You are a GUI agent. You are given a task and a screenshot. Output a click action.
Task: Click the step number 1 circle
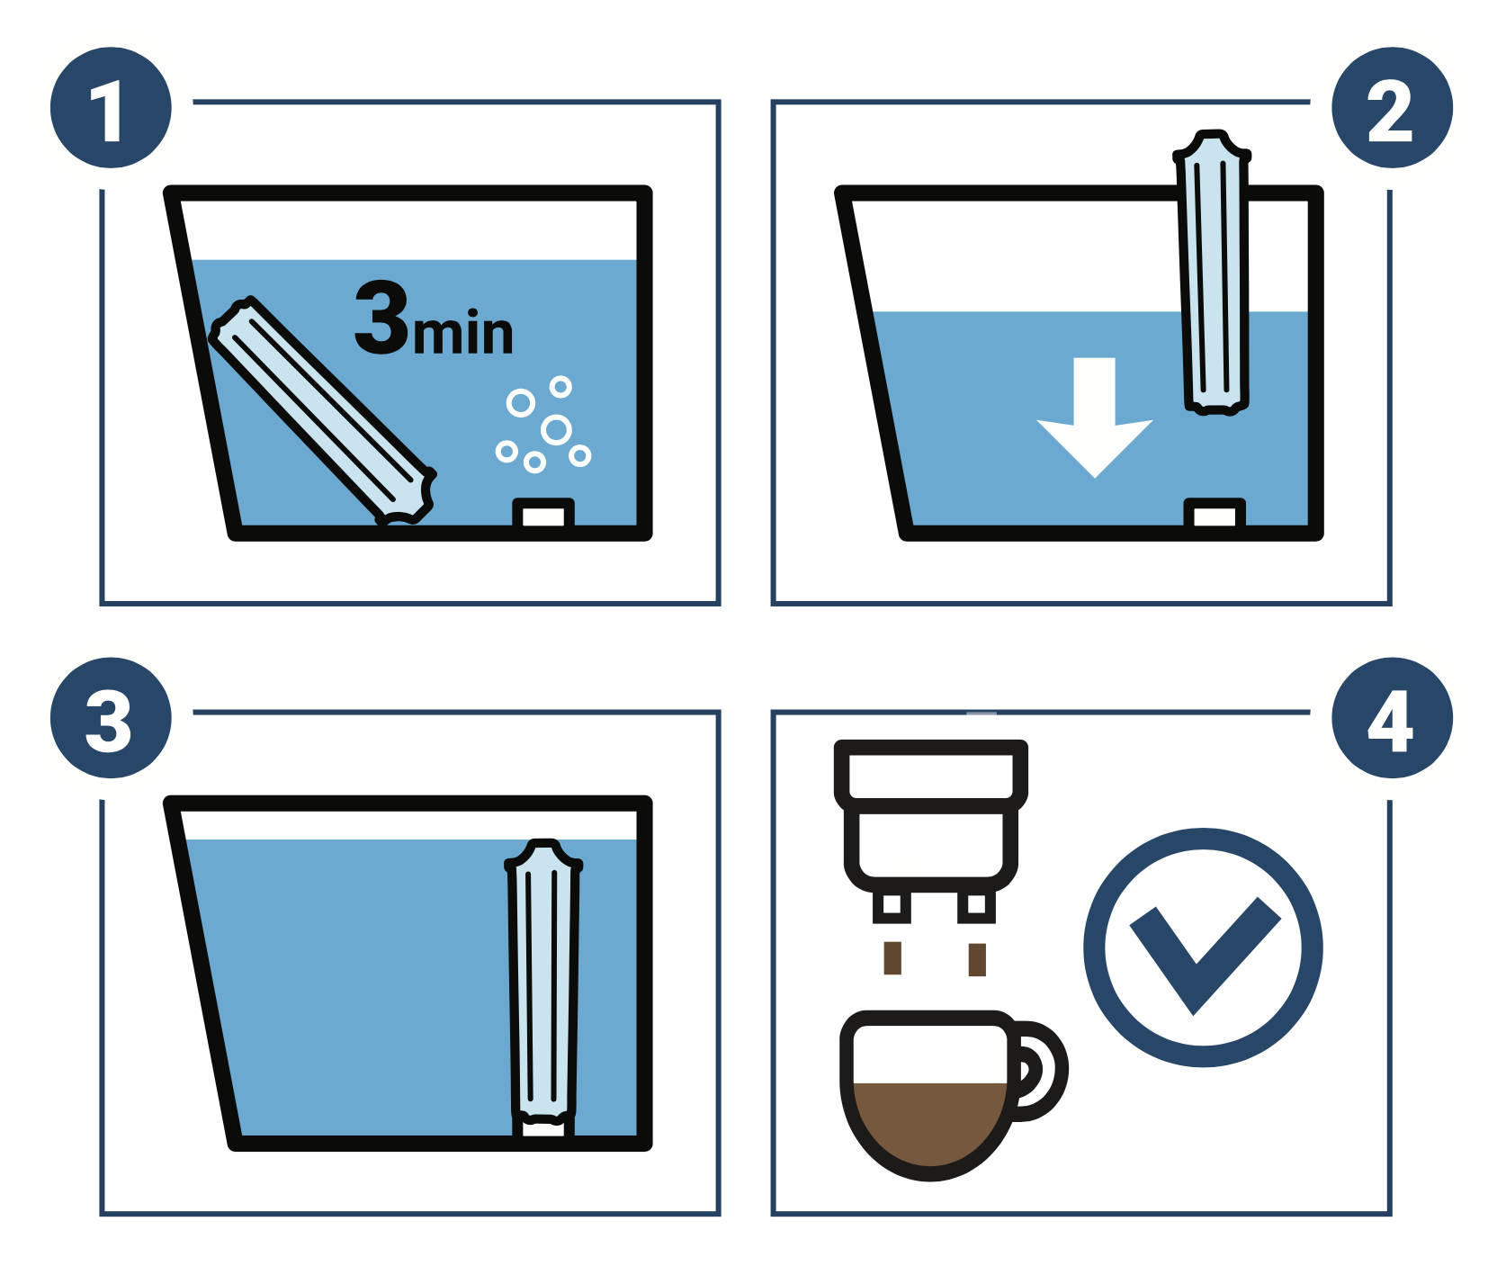tap(111, 108)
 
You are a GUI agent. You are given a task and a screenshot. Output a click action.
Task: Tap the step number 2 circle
tap(1392, 108)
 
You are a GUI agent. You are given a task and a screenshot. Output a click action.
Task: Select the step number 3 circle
tap(111, 718)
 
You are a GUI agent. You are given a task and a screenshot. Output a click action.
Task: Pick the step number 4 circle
tap(1392, 718)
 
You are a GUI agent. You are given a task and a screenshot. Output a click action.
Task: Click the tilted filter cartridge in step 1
tap(322, 410)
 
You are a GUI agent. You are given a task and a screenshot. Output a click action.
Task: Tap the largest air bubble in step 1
tap(556, 430)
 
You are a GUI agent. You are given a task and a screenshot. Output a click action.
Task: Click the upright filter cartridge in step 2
tap(1213, 273)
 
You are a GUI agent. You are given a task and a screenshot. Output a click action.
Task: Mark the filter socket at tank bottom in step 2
tap(1215, 514)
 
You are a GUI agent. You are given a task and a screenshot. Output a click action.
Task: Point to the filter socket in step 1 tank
tap(543, 514)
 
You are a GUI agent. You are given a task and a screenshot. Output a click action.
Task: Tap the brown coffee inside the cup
tap(929, 1125)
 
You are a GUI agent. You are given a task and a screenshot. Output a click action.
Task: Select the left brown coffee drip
tap(892, 958)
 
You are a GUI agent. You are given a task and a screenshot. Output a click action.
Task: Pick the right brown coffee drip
tap(977, 959)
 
